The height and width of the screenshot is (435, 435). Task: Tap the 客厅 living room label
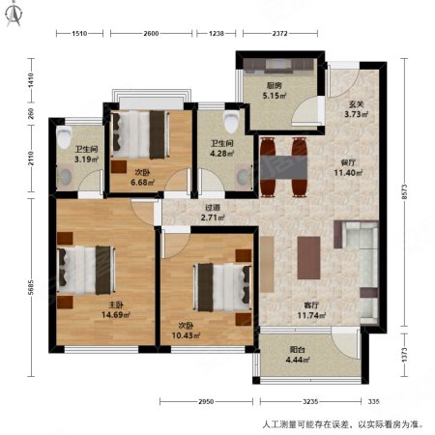314,303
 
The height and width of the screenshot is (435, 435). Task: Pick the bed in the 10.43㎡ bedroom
220,284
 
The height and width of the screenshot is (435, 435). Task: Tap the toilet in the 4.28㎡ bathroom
230,121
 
